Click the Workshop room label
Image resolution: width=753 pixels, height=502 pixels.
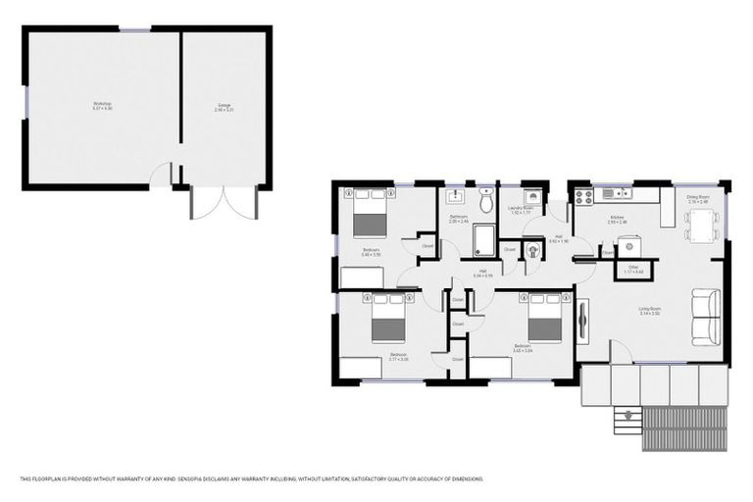coord(103,105)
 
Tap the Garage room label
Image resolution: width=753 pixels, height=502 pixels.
coord(225,105)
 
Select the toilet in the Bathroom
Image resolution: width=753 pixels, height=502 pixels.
coord(486,192)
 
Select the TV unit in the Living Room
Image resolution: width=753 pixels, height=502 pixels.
coord(584,319)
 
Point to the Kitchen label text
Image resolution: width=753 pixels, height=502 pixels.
coord(617,219)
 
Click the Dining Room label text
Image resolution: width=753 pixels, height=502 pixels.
coord(697,198)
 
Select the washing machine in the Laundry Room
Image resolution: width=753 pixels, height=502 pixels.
coord(532,195)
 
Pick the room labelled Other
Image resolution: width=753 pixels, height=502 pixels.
coord(633,266)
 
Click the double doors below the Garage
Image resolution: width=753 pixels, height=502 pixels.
coord(224,203)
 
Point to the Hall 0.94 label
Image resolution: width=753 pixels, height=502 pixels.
coord(483,274)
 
